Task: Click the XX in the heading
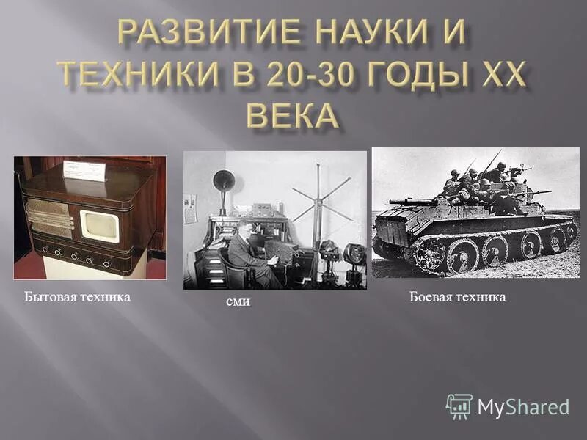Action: (495, 74)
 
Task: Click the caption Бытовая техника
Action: (77, 296)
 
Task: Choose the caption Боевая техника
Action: (457, 296)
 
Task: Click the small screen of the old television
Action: (98, 225)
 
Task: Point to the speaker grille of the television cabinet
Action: (49, 218)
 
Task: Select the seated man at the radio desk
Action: (248, 253)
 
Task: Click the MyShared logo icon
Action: (459, 406)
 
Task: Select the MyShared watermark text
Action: (523, 407)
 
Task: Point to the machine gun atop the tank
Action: (531, 193)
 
